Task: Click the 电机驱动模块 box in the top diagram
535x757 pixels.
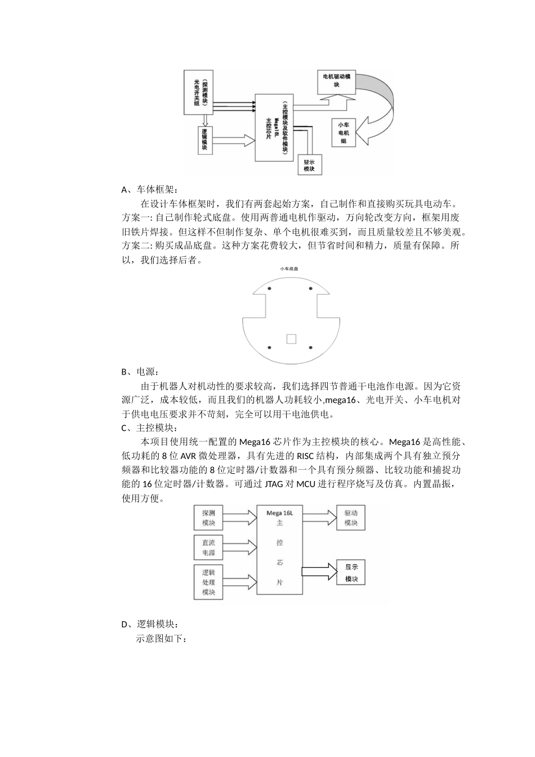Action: [337, 81]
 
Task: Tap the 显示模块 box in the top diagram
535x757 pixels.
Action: [309, 166]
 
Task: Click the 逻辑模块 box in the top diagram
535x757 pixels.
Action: [205, 140]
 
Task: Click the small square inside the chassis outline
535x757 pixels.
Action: [291, 339]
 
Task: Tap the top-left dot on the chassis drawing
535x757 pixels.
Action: [269, 289]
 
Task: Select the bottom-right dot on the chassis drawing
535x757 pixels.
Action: [311, 348]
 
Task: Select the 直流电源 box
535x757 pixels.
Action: [208, 547]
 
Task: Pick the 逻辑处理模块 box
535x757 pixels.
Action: [208, 582]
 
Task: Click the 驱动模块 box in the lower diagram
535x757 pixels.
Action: [351, 518]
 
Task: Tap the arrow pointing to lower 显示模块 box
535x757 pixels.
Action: [318, 571]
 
